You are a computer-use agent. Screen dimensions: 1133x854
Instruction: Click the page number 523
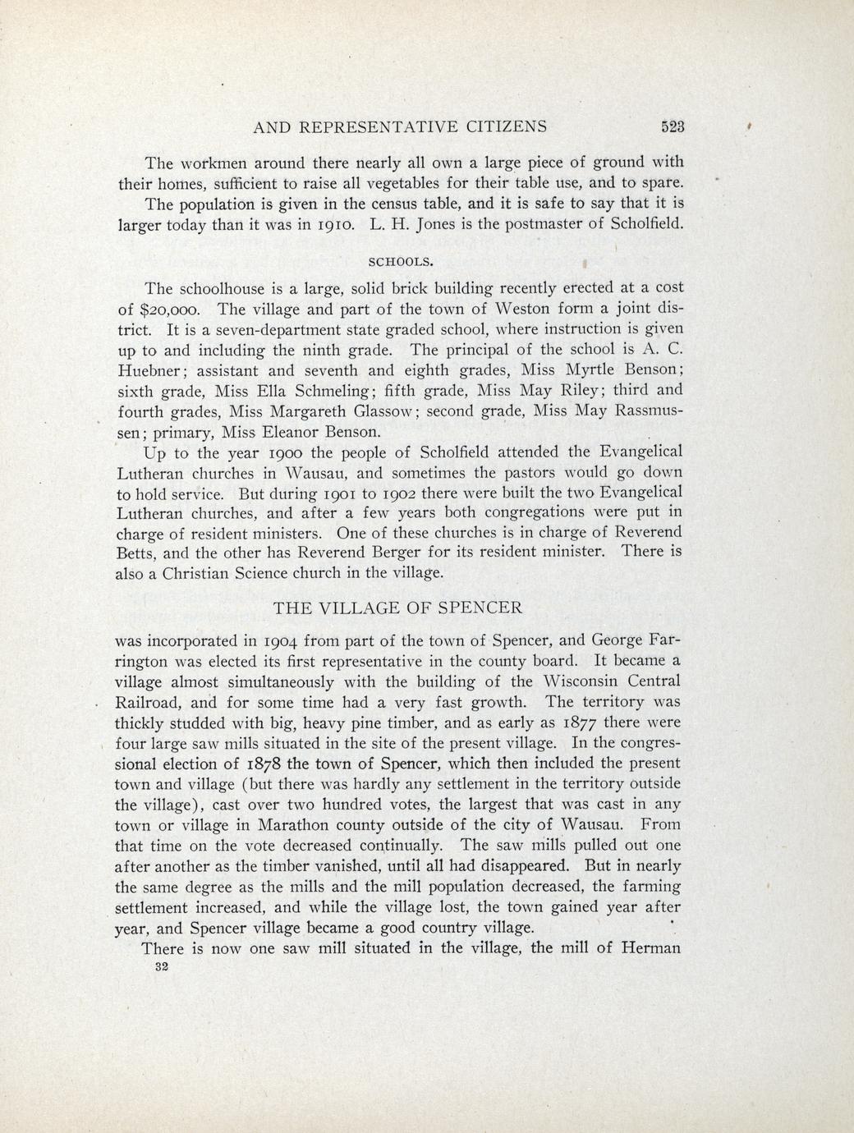673,127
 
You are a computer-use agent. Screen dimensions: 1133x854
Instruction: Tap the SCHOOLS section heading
398,262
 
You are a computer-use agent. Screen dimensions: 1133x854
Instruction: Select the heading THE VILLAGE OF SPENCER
397,608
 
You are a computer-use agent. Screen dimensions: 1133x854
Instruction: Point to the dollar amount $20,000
163,310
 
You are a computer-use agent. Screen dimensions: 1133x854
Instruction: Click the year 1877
585,722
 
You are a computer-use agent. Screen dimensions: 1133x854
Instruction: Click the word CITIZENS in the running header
494,127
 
